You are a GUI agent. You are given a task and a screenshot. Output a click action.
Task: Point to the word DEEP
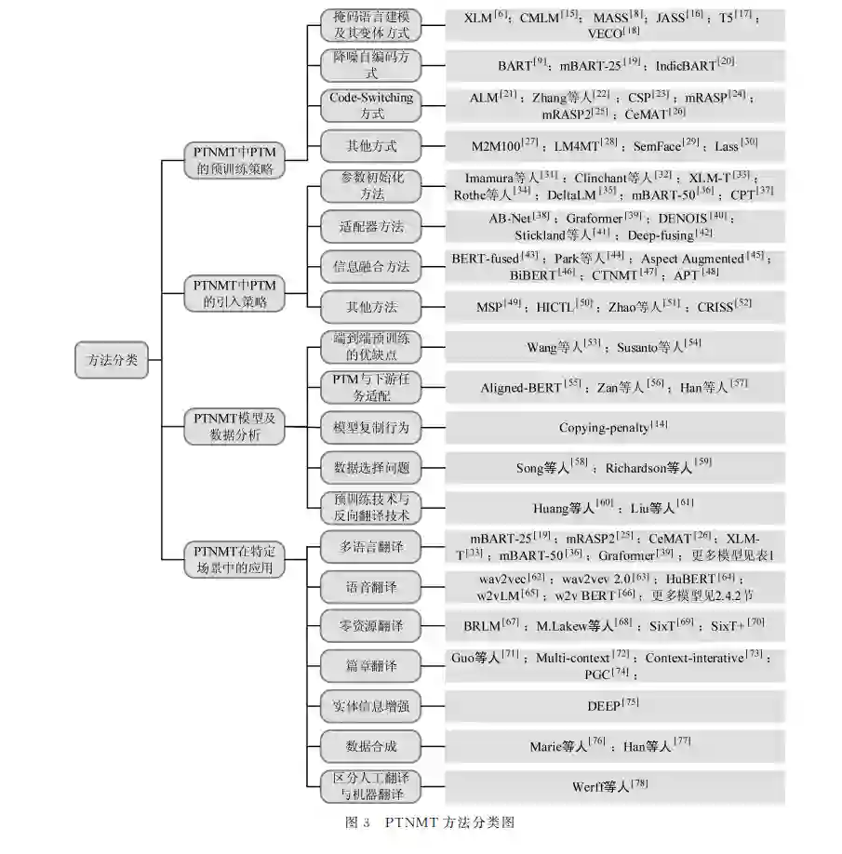[x=604, y=705]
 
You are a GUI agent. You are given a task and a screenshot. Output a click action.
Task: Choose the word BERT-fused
[x=486, y=259]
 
